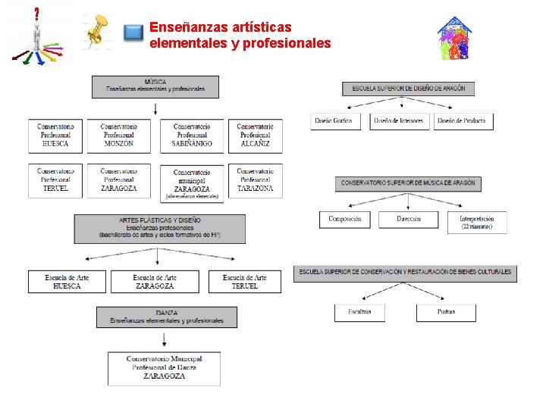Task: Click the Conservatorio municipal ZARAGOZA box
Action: pos(192,183)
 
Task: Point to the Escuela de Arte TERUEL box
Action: pos(244,282)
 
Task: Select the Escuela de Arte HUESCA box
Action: pos(67,282)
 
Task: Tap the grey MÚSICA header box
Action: pos(155,86)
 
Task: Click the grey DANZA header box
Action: pos(167,317)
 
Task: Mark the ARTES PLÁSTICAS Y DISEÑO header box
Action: pos(160,228)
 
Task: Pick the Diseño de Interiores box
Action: pos(400,121)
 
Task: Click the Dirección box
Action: pos(408,220)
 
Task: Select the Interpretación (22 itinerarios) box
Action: pos(477,222)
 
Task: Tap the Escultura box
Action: pos(359,312)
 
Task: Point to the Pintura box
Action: pos(446,312)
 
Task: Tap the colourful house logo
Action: pos(455,38)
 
